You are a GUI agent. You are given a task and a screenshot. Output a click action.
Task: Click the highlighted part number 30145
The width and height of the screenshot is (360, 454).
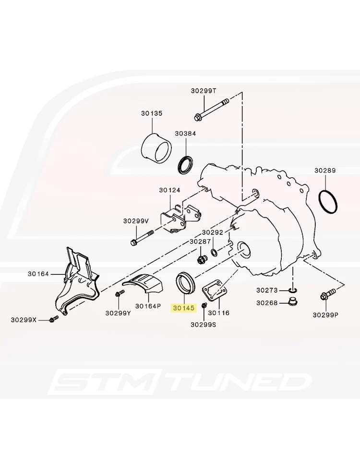coord(184,308)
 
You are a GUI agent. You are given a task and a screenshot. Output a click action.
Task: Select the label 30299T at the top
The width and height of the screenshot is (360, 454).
coord(204,91)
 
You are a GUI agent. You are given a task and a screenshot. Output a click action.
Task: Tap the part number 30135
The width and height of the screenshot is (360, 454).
coord(152,113)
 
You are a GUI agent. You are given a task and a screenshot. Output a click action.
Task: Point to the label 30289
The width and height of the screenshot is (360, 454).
coord(325,171)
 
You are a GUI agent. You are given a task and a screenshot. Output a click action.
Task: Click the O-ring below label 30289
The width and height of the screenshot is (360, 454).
coord(328,201)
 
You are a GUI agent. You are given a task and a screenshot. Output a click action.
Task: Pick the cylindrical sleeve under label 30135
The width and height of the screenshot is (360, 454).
coord(156,148)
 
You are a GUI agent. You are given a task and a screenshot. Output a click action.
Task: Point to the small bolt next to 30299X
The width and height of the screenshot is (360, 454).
coord(54,319)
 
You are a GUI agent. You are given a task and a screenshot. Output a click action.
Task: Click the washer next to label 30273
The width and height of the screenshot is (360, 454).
coord(293,290)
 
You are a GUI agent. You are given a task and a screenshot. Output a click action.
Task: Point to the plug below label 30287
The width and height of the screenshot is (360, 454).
coord(201,259)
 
